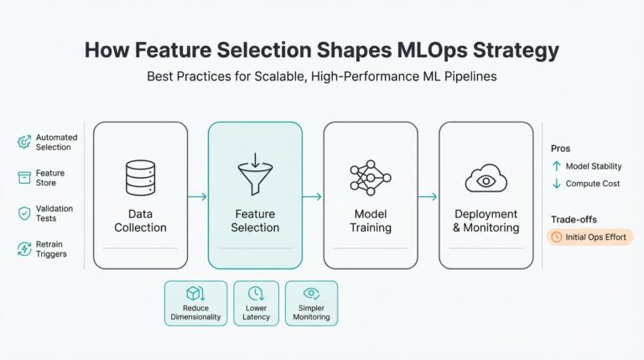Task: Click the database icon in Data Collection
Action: [140, 177]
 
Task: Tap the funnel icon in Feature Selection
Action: [255, 178]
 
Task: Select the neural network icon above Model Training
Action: [370, 177]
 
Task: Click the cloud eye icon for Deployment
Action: [486, 178]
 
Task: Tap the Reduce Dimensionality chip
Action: [195, 303]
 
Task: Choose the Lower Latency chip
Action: [256, 303]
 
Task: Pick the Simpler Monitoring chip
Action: [311, 303]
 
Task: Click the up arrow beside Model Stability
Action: [555, 166]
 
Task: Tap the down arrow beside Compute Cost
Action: [555, 183]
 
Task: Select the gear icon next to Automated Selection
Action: [23, 142]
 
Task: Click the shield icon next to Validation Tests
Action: [23, 213]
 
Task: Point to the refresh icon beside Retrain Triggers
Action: [23, 248]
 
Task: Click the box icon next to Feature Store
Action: [23, 178]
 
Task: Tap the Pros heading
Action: [560, 148]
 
